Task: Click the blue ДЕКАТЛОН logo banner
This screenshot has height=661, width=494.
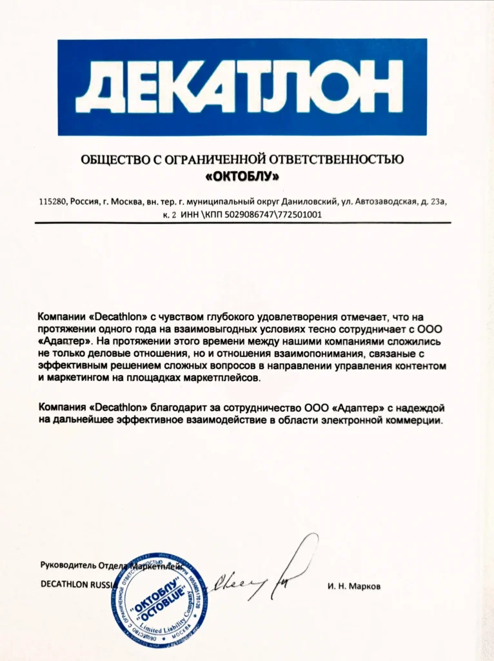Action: pos(242,87)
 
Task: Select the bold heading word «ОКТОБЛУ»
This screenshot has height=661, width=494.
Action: pos(242,175)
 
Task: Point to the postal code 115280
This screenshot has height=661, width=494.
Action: pos(53,202)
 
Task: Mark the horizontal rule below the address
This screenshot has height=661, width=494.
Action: pos(242,223)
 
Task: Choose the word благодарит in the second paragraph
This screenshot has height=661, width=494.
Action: pos(179,408)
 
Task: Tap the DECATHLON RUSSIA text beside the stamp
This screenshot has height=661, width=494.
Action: pos(76,584)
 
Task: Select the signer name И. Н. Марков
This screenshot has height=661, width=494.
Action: pos(354,587)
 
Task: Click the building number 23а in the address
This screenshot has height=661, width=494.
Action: pos(438,202)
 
